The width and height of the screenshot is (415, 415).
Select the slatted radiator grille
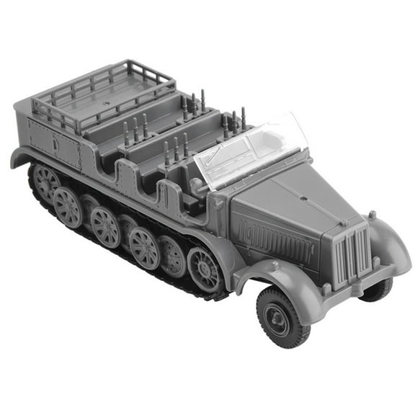point(352,252)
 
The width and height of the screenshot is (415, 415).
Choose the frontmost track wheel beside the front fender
point(205,267)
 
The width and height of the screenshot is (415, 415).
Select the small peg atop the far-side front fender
point(372,215)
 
